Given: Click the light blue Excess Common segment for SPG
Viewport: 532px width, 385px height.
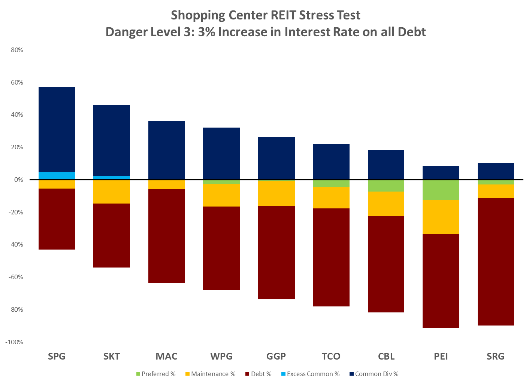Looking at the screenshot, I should pos(57,175).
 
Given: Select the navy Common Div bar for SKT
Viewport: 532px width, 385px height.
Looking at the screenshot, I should pos(112,140).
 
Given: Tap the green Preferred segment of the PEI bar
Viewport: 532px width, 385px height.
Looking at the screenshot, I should pos(441,190).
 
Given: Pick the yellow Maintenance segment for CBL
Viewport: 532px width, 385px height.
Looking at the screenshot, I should pos(386,204).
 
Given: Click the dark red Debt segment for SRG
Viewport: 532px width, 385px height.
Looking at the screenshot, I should pos(495,262).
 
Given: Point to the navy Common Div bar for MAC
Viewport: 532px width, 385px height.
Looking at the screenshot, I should pos(167,150).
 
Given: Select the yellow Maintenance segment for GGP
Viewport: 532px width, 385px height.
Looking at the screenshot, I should pos(276,193).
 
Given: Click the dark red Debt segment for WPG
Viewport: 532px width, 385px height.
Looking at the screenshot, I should pos(221,248).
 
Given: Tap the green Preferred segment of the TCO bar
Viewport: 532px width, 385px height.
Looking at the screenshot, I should pos(331,183).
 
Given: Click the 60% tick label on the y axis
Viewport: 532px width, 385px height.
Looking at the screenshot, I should pos(16,82).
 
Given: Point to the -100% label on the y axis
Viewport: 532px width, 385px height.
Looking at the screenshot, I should pos(15,342).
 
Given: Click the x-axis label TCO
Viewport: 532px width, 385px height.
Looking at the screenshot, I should pos(331,356).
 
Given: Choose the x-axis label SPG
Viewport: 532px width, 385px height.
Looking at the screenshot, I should pos(57,356).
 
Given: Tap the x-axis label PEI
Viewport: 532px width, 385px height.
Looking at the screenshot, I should pos(441,356).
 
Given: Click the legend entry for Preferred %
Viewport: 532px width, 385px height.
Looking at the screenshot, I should pos(156,374).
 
